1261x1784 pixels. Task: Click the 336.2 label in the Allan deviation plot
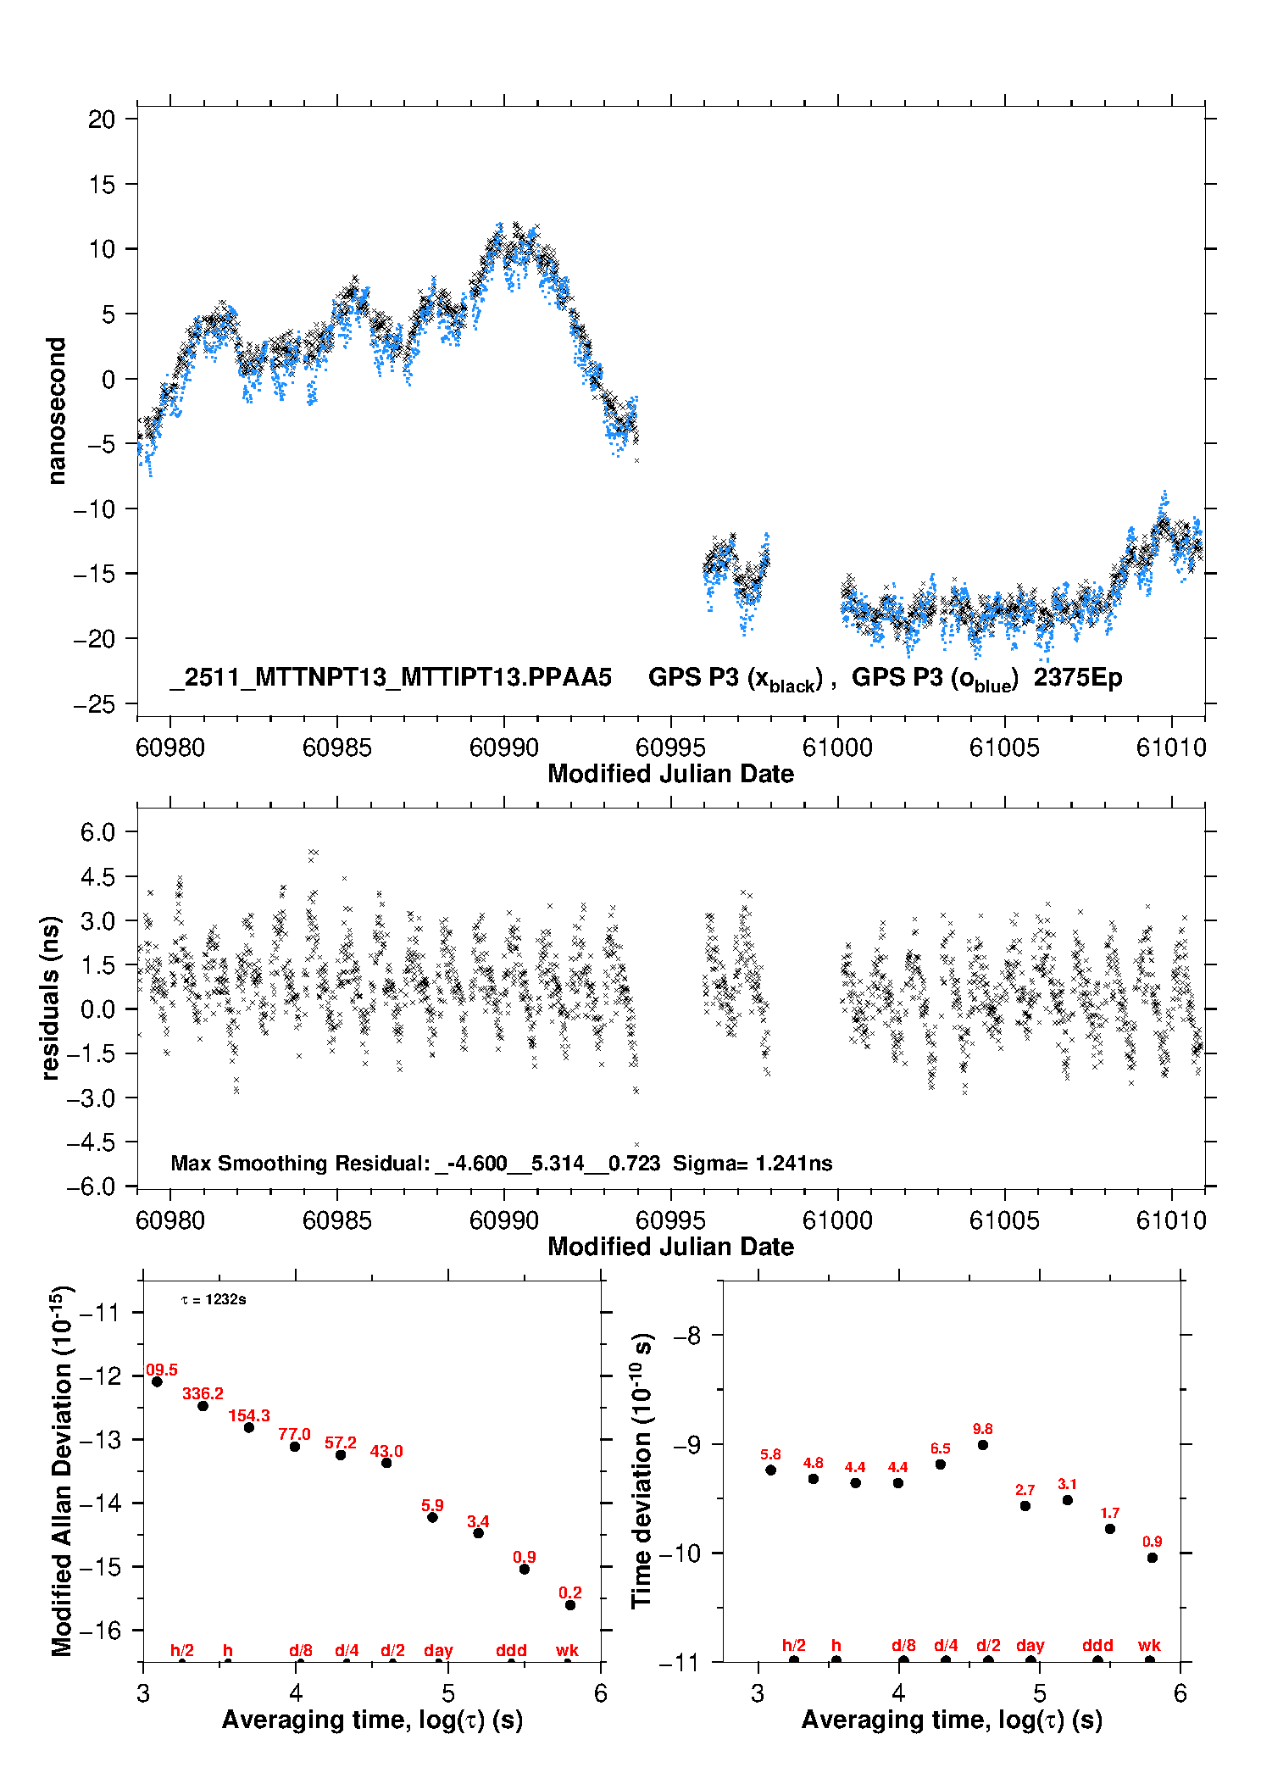[203, 1393]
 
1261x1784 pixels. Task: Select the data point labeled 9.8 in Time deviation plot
[982, 1445]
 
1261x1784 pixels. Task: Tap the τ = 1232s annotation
[214, 1299]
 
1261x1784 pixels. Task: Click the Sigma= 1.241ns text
[753, 1163]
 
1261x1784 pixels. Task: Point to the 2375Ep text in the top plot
[1077, 677]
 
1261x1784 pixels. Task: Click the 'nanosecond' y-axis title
[56, 411]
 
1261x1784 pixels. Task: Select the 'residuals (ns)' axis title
[51, 998]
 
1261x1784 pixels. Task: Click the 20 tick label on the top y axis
[102, 119]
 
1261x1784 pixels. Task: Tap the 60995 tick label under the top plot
[670, 748]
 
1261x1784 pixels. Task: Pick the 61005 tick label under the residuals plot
[1004, 1220]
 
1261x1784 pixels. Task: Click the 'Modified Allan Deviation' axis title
[62, 1470]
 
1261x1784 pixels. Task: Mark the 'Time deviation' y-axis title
[642, 1470]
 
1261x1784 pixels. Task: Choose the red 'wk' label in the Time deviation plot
[1149, 1645]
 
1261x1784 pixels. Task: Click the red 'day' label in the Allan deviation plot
[438, 1650]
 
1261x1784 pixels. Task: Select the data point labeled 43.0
[386, 1463]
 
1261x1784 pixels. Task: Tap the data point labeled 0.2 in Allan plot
[570, 1605]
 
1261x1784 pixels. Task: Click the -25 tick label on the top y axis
[94, 704]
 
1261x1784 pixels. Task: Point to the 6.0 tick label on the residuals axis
[97, 832]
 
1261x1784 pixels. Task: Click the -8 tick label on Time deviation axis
[686, 1336]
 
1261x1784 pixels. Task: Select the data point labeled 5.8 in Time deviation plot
[770, 1470]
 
